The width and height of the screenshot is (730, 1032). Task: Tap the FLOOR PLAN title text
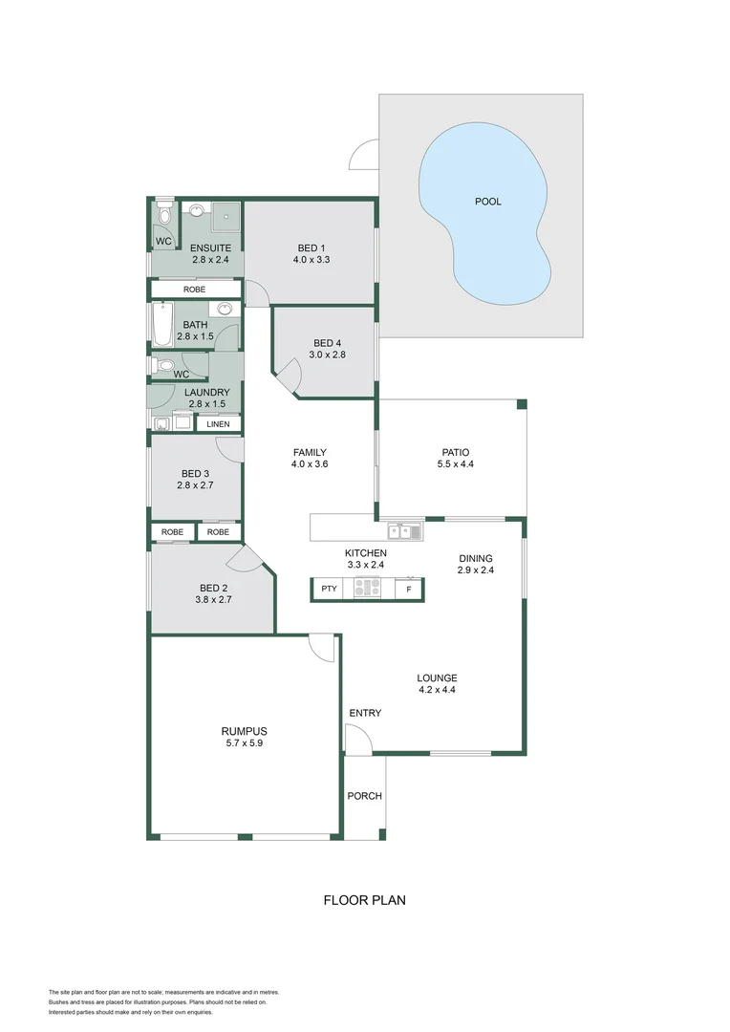point(365,900)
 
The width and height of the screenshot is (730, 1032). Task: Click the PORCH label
point(364,796)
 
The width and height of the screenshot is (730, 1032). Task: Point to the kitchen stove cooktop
point(367,589)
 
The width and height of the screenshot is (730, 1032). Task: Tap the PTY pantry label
point(329,589)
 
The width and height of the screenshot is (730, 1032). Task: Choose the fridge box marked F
point(409,590)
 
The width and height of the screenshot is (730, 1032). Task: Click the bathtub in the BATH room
point(161,325)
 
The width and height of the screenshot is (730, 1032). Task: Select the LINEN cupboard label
point(219,423)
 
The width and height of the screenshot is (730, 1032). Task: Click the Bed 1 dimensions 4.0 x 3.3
point(311,260)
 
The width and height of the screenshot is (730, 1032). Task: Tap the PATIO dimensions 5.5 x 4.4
point(454,464)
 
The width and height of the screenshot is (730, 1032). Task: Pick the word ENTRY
point(365,713)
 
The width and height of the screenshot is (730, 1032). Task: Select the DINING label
point(475,558)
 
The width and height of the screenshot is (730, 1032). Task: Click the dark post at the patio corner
point(522,404)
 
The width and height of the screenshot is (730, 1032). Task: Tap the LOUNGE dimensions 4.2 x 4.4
point(437,690)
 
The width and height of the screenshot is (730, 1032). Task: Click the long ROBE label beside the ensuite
point(195,289)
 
